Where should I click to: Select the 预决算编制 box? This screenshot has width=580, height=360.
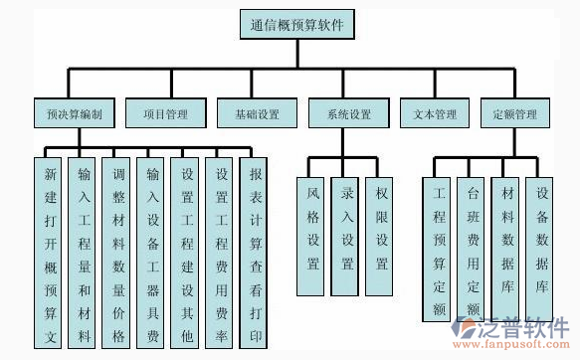[x=74, y=114]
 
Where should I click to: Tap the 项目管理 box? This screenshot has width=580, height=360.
[x=165, y=114]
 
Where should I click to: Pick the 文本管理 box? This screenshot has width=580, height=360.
[x=434, y=114]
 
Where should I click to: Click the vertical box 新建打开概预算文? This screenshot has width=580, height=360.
[x=51, y=254]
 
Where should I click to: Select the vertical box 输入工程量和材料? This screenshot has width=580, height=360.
[x=85, y=254]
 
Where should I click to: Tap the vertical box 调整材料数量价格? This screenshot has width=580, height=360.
[x=118, y=254]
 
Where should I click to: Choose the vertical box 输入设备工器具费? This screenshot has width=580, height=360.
[x=152, y=254]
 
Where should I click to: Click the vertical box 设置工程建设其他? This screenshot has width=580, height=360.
[x=186, y=254]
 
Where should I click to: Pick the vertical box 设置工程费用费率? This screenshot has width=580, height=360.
[x=220, y=254]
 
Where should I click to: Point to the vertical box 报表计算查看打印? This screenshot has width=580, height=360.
[x=256, y=254]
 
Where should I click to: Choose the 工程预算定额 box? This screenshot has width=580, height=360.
[x=439, y=249]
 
